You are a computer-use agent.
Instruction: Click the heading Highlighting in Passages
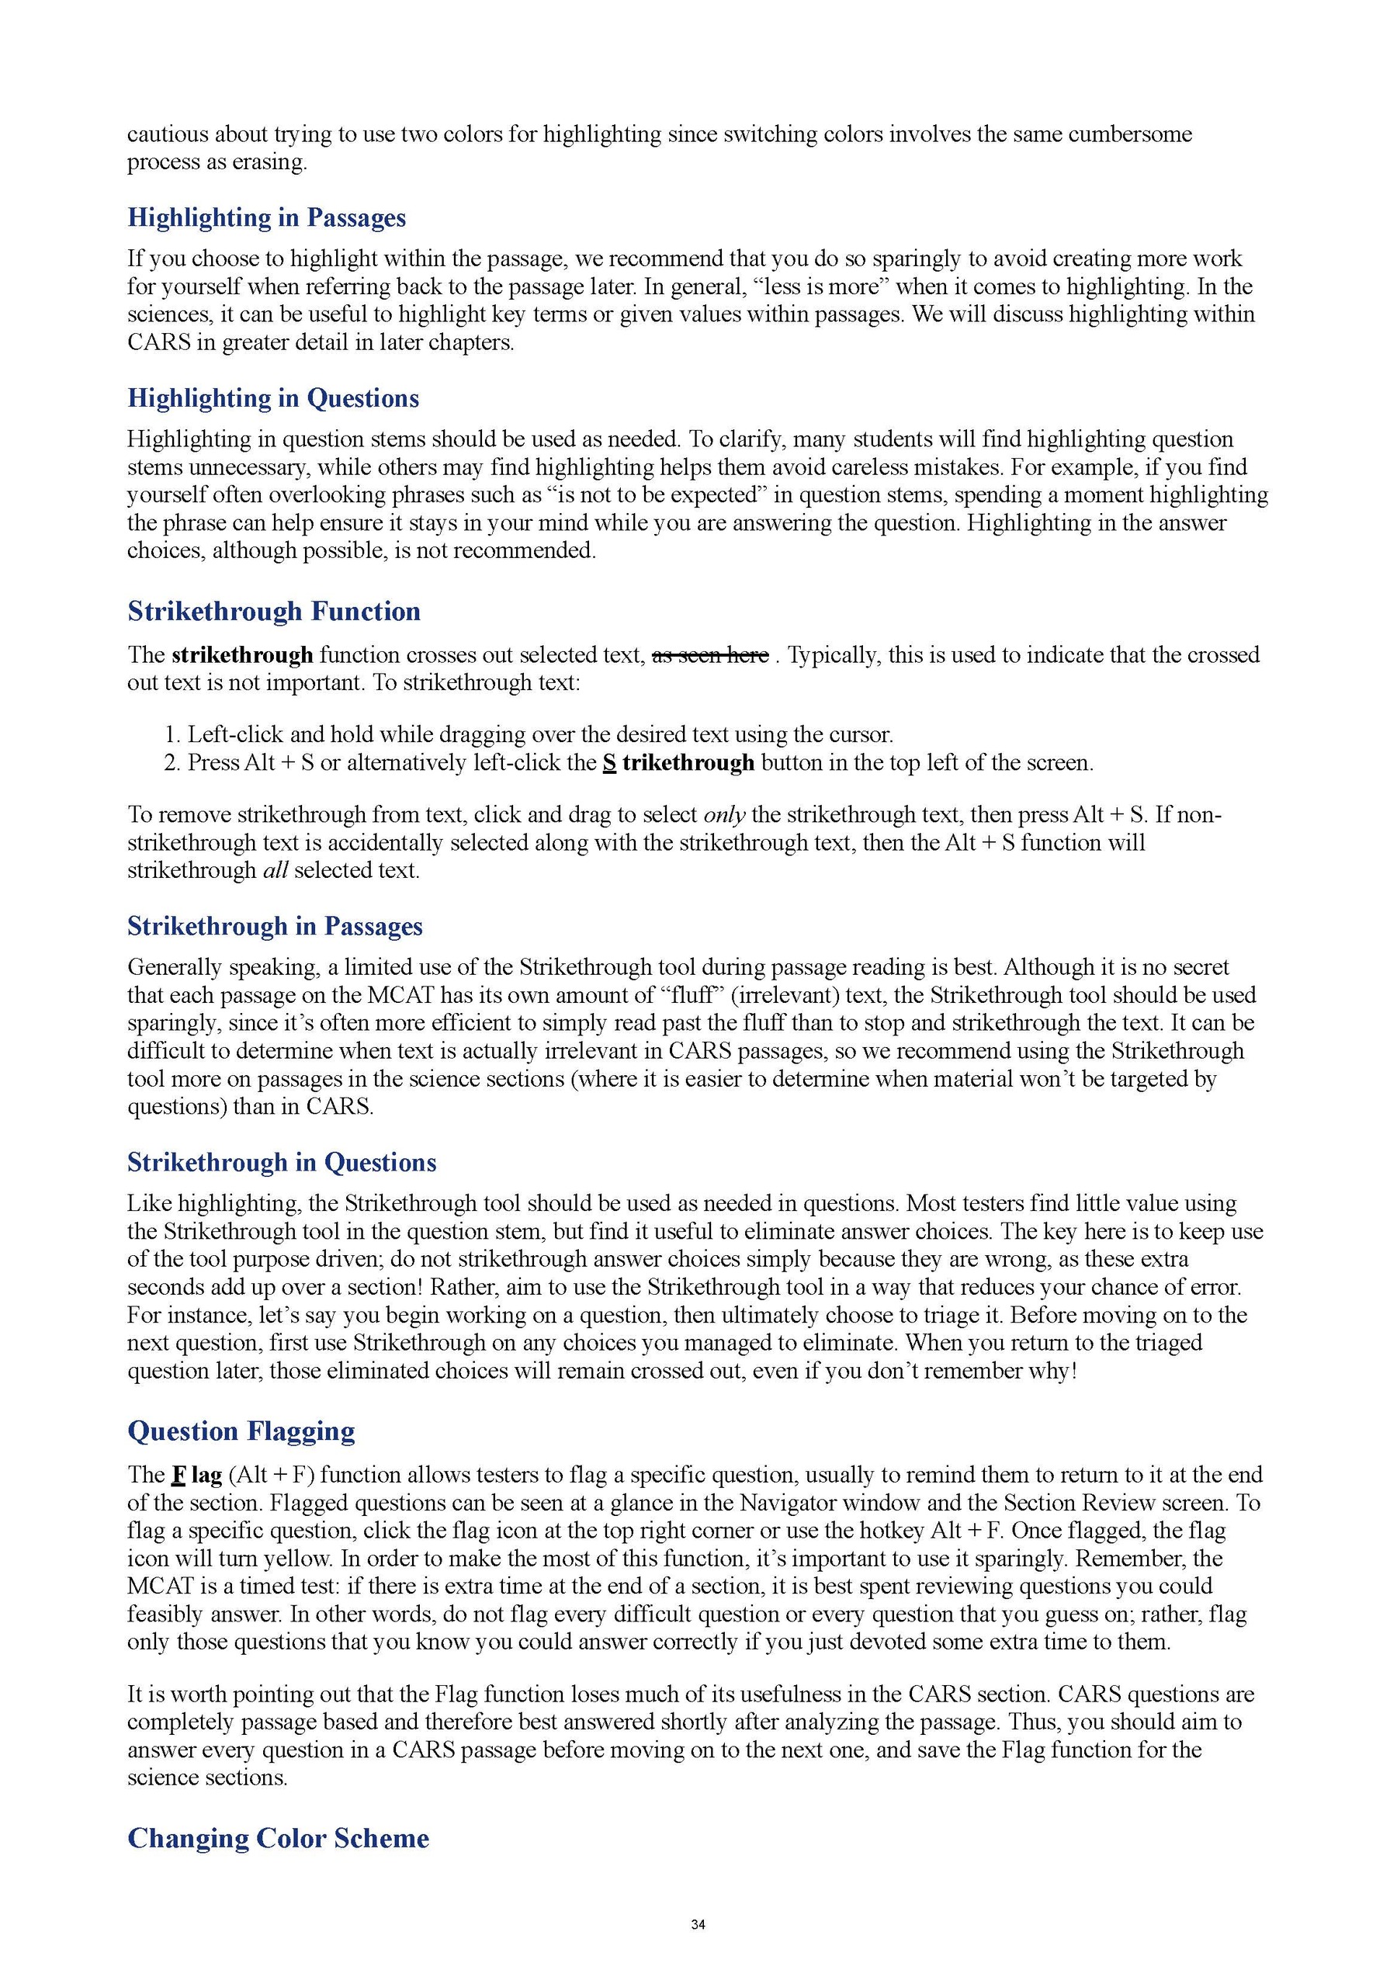click(266, 218)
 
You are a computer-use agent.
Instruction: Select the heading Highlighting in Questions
click(273, 399)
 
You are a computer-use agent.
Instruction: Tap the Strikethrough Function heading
click(274, 612)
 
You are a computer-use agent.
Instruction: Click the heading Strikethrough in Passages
click(275, 927)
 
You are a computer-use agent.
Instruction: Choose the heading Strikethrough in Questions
click(282, 1163)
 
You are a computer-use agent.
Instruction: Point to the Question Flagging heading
click(241, 1431)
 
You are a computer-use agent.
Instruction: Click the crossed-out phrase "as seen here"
click(710, 655)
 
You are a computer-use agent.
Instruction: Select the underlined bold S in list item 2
click(609, 763)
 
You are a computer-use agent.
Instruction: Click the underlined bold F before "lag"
click(179, 1475)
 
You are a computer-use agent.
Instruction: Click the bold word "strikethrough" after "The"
click(242, 655)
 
